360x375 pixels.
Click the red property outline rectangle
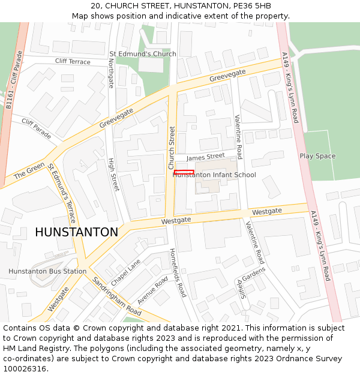(184, 172)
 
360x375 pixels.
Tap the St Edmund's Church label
(143, 54)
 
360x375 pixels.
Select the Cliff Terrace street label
(73, 62)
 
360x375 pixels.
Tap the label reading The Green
(29, 170)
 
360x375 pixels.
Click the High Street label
(113, 175)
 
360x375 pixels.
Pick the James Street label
(205, 157)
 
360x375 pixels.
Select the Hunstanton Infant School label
(215, 175)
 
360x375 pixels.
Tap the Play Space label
(317, 156)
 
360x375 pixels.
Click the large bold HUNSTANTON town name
(76, 232)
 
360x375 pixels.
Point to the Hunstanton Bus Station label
(47, 271)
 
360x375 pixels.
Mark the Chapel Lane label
(125, 272)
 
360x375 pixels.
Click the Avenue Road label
(153, 290)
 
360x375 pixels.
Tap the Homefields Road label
(178, 272)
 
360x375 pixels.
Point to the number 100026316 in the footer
(25, 368)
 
